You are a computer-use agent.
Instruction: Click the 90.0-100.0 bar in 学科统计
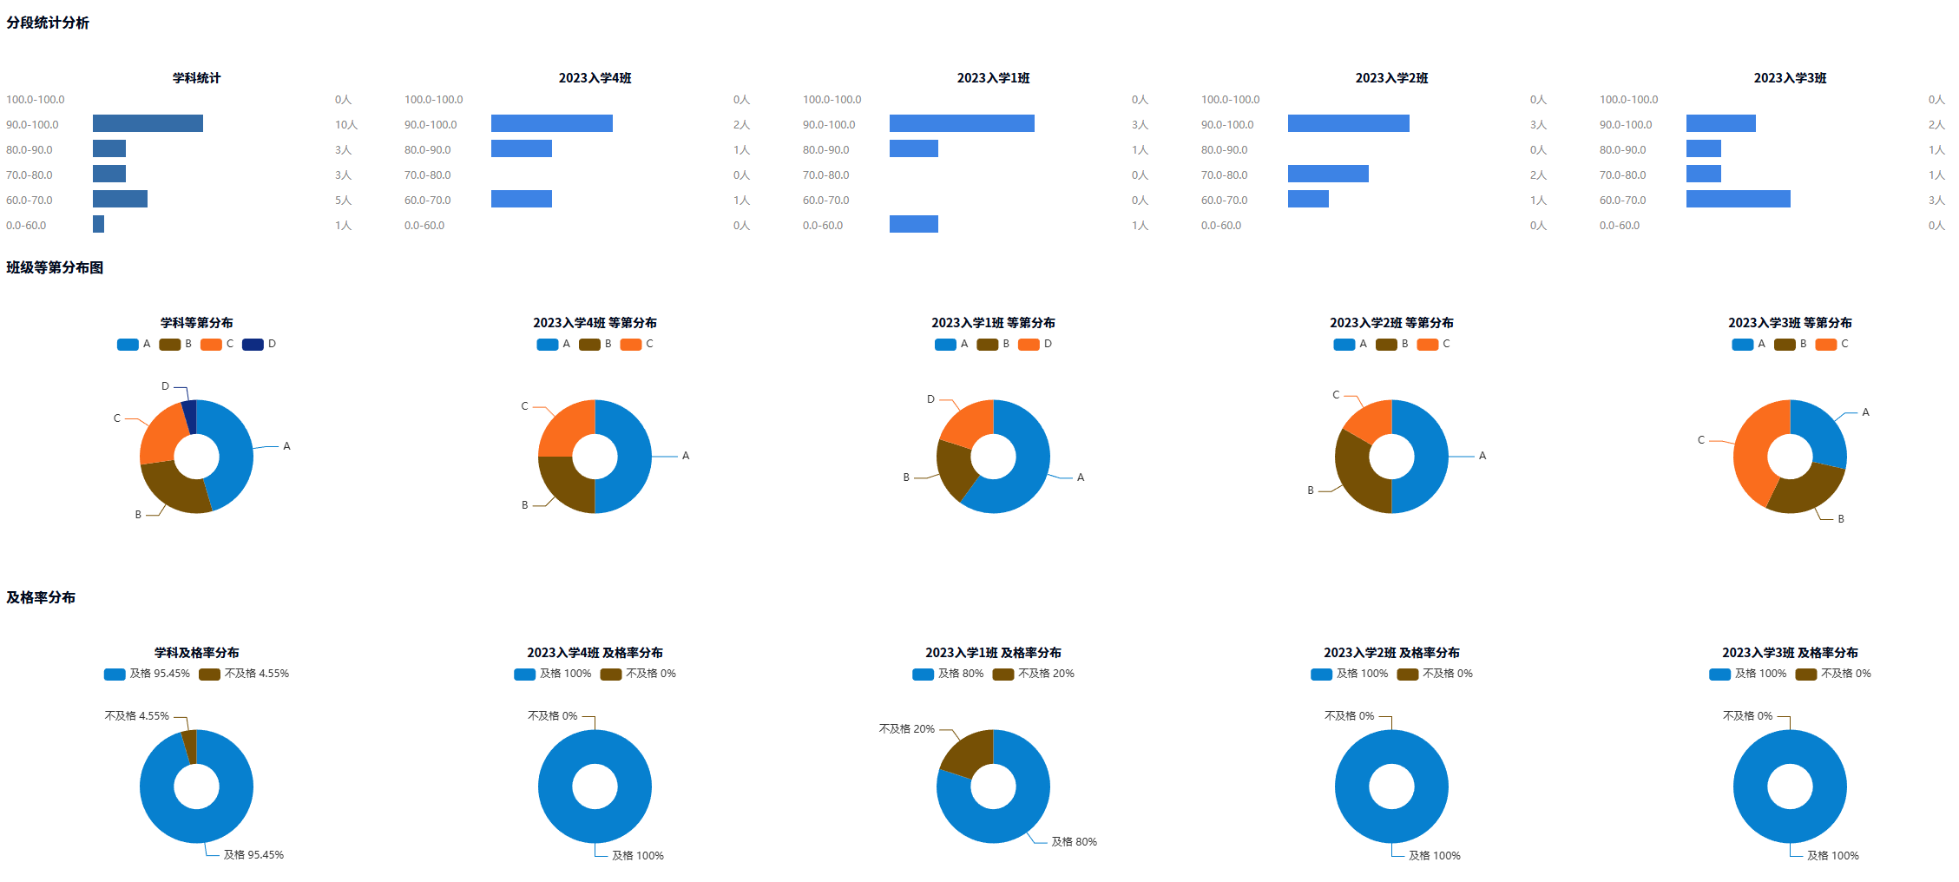click(x=148, y=123)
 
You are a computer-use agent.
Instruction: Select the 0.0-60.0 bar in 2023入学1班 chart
click(x=913, y=224)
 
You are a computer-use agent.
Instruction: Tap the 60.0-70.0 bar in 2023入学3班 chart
click(x=1738, y=199)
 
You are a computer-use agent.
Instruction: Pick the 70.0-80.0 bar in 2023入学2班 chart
click(x=1328, y=174)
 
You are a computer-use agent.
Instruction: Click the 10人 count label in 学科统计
click(x=345, y=125)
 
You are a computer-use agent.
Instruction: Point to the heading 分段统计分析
click(x=48, y=23)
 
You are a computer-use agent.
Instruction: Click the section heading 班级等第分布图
click(x=55, y=267)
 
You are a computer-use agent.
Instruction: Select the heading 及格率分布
click(x=41, y=597)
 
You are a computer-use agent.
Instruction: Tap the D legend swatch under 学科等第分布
click(x=253, y=345)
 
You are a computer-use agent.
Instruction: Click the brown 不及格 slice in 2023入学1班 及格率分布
click(x=967, y=751)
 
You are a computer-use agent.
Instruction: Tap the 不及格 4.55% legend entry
click(x=245, y=674)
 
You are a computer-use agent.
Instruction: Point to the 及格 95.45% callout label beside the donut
click(x=253, y=855)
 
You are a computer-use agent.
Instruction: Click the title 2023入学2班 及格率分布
click(x=1391, y=653)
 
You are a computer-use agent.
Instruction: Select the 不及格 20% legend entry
click(x=1034, y=674)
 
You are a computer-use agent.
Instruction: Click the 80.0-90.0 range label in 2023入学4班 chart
click(x=428, y=150)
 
